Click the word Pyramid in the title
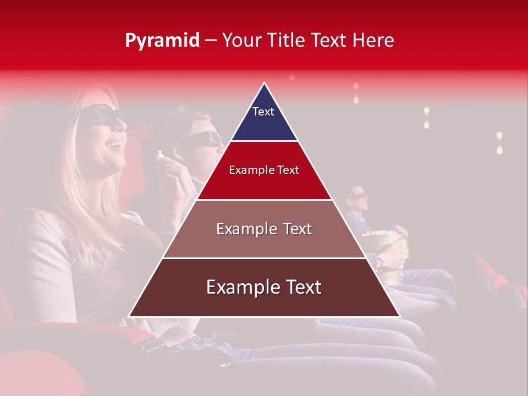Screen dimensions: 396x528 coord(162,41)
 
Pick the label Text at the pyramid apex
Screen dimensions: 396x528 coord(263,112)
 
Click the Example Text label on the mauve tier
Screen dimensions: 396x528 coord(264,229)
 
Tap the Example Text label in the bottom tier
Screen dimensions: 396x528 coord(264,287)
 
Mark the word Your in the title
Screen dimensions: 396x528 coord(242,41)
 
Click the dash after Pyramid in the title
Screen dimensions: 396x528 coord(211,41)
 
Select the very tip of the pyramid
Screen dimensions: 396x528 coord(264,84)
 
